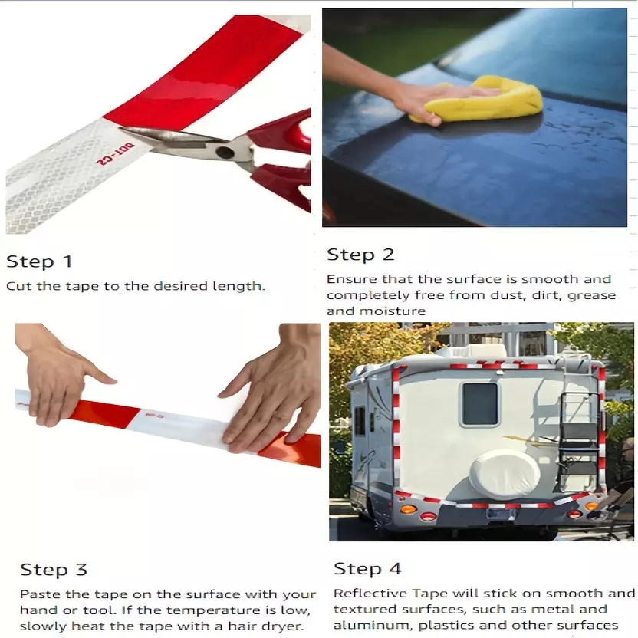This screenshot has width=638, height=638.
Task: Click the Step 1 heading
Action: click(39, 261)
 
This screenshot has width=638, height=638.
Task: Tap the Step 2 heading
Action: click(361, 255)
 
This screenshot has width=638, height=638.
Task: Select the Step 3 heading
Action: click(54, 570)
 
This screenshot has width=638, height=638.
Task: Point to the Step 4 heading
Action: click(368, 568)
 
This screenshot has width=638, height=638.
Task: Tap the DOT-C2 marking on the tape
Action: click(115, 154)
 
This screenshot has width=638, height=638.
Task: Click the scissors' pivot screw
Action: click(224, 153)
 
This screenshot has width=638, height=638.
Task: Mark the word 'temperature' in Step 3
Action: click(214, 610)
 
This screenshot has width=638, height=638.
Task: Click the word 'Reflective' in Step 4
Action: click(370, 594)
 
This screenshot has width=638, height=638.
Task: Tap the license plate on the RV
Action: click(500, 514)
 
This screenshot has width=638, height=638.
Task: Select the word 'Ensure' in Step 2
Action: click(353, 279)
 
